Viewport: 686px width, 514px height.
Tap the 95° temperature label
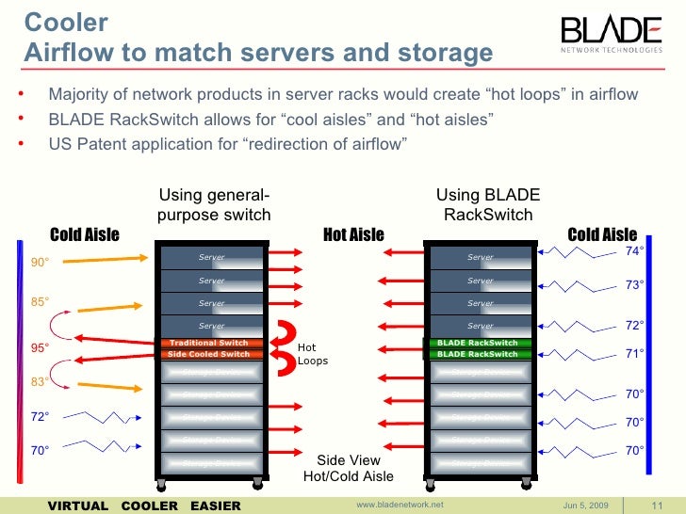click(x=40, y=347)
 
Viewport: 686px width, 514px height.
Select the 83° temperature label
click(x=40, y=382)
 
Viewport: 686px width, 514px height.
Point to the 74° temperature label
click(x=635, y=251)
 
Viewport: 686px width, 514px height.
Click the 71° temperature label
click(x=635, y=354)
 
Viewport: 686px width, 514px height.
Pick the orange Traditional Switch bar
click(x=208, y=343)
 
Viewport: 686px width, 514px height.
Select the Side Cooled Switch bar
click(x=208, y=355)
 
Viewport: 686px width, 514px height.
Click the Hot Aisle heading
click(x=353, y=234)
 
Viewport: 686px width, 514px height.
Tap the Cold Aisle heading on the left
click(x=84, y=234)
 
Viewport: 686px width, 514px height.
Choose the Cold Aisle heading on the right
click(x=601, y=234)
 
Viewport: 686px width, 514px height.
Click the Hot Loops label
click(x=313, y=354)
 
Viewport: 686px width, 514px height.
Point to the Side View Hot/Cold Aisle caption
click(x=348, y=469)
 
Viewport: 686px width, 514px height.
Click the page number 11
click(x=659, y=506)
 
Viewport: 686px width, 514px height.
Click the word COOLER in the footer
click(x=155, y=506)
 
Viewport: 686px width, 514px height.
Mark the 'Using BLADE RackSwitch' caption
click(x=487, y=204)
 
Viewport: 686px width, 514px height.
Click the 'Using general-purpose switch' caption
click(x=214, y=204)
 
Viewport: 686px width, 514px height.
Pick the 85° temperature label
click(x=40, y=302)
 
